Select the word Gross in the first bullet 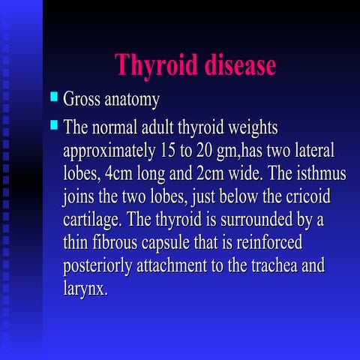(82, 99)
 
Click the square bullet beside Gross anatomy (53, 97)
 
